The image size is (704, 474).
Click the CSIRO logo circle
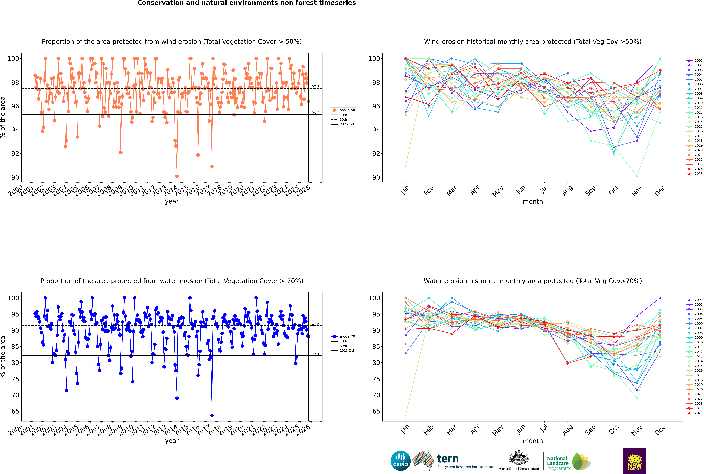[400, 461]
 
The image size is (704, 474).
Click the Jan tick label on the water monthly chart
[405, 429]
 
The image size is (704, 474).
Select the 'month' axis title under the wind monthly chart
[533, 202]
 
